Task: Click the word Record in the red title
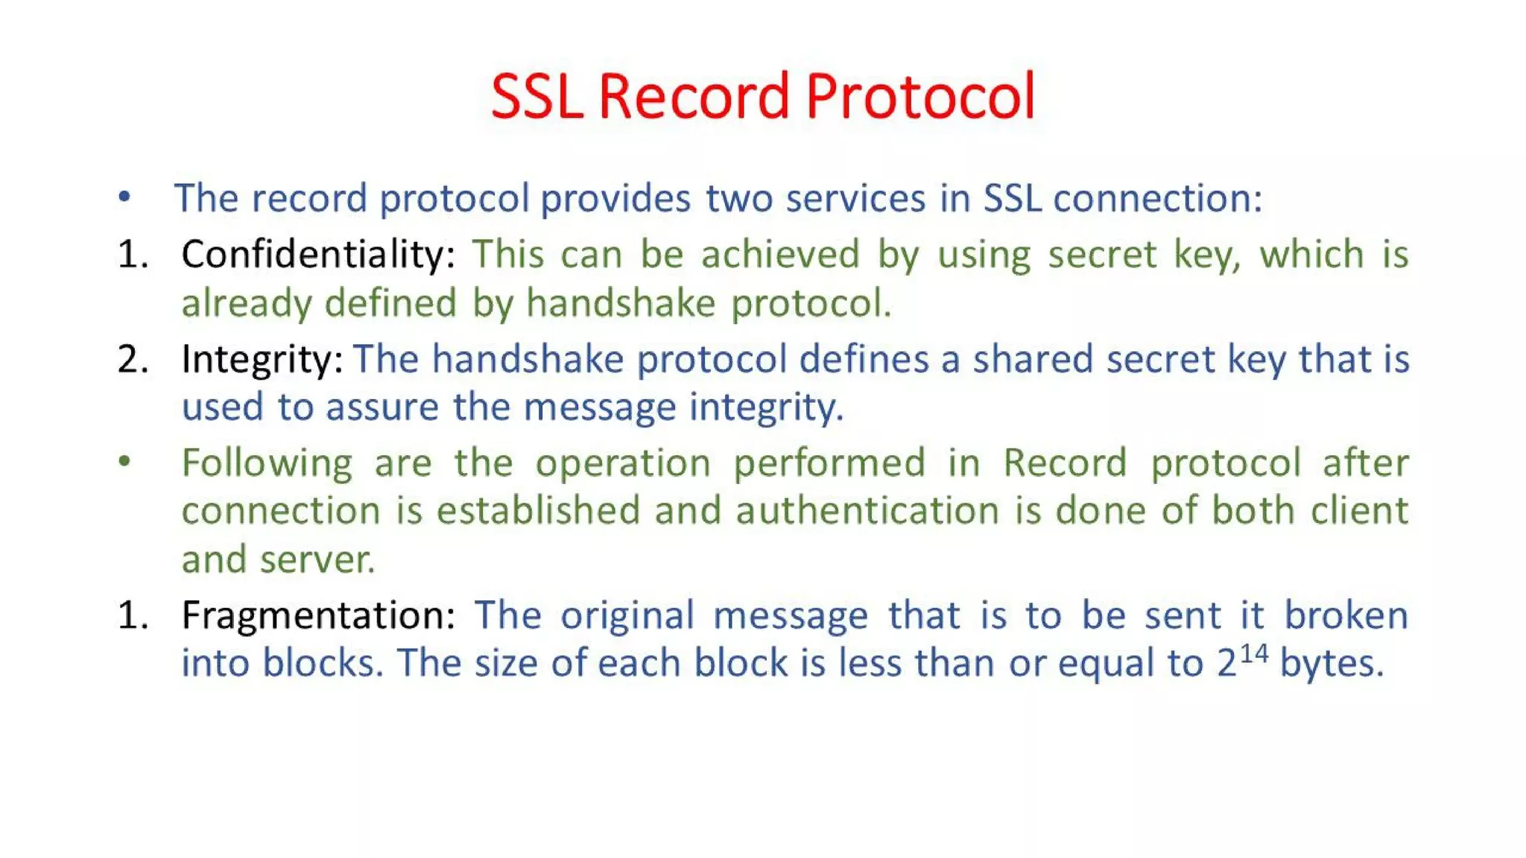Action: [x=693, y=97]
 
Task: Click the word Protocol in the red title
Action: [x=920, y=97]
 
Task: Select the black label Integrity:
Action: [x=262, y=360]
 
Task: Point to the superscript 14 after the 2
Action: [x=1253, y=653]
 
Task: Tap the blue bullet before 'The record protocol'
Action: [x=124, y=197]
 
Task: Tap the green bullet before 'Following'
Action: [x=124, y=461]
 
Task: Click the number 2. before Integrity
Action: [x=133, y=360]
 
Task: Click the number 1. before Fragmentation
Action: [x=133, y=616]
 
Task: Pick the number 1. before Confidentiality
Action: [x=133, y=255]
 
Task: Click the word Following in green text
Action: [x=267, y=464]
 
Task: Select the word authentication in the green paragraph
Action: [x=867, y=512]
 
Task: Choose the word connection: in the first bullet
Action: [x=1158, y=199]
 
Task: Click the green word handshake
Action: [x=621, y=304]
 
